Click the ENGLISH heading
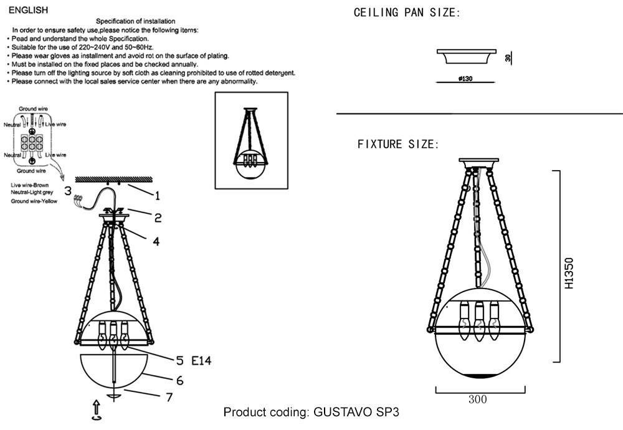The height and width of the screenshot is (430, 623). tap(28, 11)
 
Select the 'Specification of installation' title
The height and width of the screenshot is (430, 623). tap(135, 21)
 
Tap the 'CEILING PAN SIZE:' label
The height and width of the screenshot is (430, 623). tap(407, 12)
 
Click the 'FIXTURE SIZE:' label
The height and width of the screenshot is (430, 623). tap(398, 144)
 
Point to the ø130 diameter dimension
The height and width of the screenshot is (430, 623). tap(465, 79)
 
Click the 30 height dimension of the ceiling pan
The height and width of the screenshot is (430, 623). tap(508, 58)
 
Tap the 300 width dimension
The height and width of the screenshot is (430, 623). tap(478, 399)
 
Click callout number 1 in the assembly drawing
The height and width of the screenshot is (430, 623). tap(157, 196)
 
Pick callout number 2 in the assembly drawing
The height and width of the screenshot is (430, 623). tap(158, 217)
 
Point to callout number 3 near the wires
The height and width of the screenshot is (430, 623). tap(68, 191)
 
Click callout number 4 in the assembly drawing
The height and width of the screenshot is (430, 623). tap(156, 241)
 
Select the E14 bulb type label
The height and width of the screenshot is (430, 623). tap(201, 360)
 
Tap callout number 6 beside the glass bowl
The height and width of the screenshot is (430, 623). tap(179, 381)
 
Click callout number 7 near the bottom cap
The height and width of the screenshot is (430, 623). tap(169, 397)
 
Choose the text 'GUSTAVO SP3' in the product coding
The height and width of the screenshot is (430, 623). tap(356, 412)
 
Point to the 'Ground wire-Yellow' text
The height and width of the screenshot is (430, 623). tap(34, 201)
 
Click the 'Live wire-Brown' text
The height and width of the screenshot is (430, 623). tap(30, 185)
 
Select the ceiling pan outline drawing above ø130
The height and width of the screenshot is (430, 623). tap(467, 57)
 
